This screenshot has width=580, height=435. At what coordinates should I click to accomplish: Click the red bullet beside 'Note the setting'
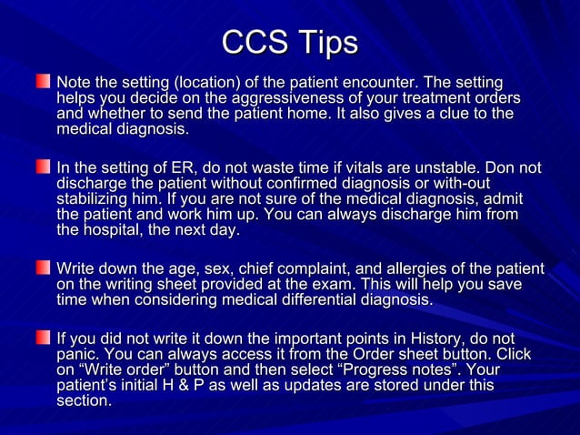pyautogui.click(x=43, y=83)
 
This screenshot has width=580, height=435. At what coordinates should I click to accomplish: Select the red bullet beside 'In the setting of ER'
pyautogui.click(x=43, y=167)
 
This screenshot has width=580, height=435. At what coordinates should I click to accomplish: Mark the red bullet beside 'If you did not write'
pyautogui.click(x=43, y=338)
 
